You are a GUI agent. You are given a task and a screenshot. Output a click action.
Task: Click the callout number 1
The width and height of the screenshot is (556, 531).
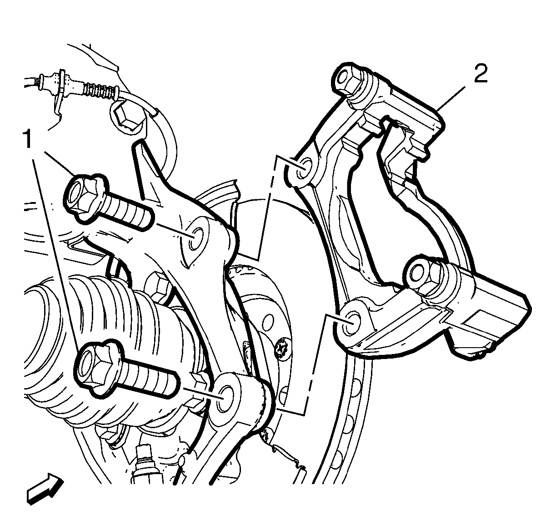[27, 139]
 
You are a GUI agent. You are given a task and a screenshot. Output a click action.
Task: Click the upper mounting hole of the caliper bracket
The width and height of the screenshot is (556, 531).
[303, 169]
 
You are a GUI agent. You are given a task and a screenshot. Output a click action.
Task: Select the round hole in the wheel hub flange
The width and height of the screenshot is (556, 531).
[268, 321]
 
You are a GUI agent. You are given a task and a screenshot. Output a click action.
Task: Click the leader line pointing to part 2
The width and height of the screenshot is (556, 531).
[451, 98]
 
